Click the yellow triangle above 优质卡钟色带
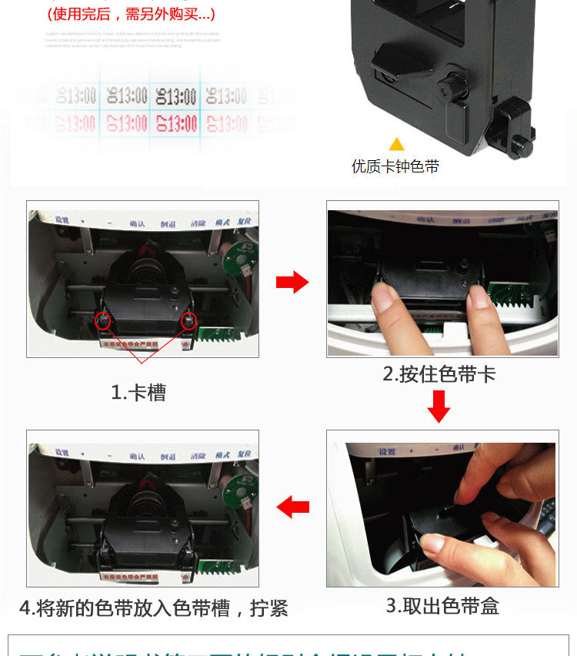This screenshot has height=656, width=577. click(x=396, y=144)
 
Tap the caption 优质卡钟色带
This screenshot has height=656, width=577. click(x=395, y=166)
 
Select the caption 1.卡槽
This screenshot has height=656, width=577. click(x=138, y=392)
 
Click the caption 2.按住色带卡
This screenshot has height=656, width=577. click(x=439, y=374)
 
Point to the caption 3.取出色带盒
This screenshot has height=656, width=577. click(x=442, y=605)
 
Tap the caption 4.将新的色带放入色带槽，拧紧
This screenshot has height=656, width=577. click(x=153, y=608)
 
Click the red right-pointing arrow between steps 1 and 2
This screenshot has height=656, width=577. click(x=292, y=283)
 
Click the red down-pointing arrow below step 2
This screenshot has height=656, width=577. click(x=439, y=407)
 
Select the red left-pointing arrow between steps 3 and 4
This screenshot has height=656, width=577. click(x=292, y=507)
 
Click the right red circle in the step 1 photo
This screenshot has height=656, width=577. click(x=188, y=320)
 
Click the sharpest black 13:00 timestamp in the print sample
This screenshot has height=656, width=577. click(x=176, y=96)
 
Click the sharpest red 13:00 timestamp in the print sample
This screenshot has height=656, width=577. click(x=176, y=123)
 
